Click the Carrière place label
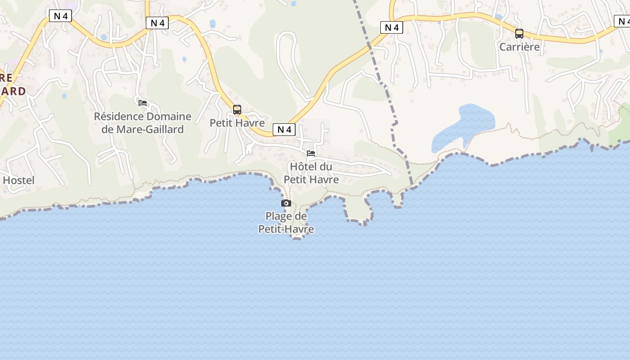pos(519,46)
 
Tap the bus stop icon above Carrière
pos(519,34)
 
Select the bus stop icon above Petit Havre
pos(237,109)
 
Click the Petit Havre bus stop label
pos(237,123)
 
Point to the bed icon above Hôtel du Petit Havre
pos(311,153)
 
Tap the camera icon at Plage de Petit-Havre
pos(286,203)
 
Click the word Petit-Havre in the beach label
pos(286,229)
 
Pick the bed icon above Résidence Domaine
pos(143,103)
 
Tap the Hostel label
pos(18,180)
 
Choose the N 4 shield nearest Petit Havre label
pos(284,130)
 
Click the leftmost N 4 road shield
pos(60,16)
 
